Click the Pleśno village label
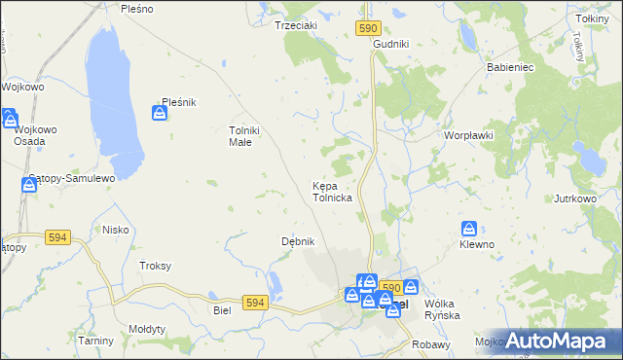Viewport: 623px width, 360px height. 136,8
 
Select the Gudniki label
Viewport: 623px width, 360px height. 390,45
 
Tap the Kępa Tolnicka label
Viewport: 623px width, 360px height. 332,191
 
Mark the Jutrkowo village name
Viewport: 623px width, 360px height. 574,198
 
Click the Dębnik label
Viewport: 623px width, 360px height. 297,241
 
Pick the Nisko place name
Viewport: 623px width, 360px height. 116,230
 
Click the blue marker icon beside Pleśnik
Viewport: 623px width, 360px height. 159,115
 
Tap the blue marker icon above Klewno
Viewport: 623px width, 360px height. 469,230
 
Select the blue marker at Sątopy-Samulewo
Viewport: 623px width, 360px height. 29,185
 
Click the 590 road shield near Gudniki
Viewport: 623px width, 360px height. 367,30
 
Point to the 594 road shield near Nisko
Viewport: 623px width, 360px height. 57,236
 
